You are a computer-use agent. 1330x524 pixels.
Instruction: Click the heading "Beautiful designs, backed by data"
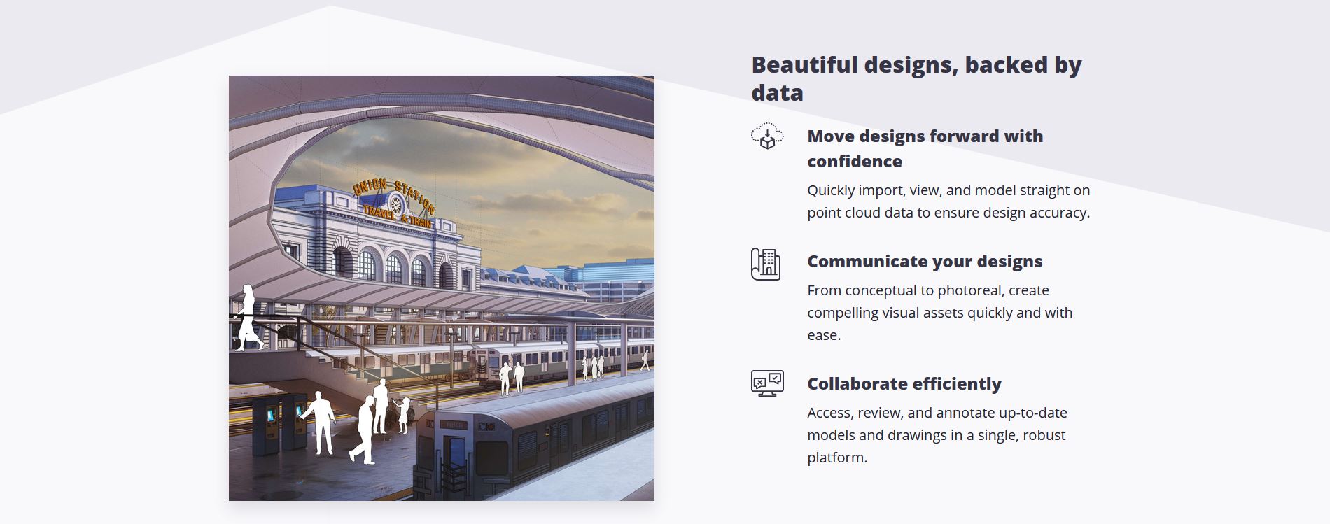916,78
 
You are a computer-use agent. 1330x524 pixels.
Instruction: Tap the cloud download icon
767,136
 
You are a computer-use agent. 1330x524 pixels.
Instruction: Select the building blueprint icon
766,264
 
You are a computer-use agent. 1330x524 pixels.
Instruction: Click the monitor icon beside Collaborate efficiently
767,383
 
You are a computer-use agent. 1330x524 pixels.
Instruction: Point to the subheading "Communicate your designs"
925,262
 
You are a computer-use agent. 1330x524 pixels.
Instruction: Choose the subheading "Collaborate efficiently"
904,384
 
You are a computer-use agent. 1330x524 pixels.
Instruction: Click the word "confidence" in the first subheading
855,162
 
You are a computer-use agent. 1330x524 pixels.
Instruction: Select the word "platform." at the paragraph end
837,458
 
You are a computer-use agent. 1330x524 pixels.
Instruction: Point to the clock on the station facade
396,204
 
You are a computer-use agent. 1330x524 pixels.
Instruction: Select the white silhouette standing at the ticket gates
319,423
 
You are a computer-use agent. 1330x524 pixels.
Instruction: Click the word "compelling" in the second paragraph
843,313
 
